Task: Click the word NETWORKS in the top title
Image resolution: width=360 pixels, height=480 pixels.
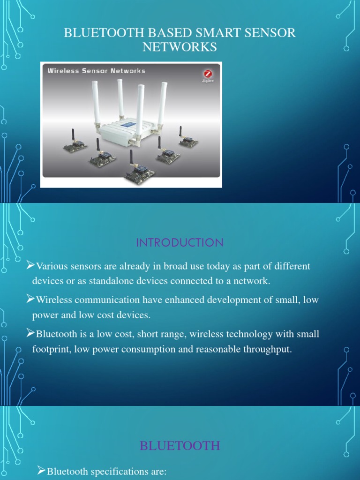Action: click(x=180, y=47)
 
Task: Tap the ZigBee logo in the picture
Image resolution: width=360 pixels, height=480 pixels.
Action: click(x=208, y=75)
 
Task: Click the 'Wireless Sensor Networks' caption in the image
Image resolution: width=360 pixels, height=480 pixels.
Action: click(x=96, y=71)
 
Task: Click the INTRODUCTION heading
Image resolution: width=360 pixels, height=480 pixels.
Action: click(x=180, y=243)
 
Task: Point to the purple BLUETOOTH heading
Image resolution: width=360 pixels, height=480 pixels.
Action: click(x=180, y=445)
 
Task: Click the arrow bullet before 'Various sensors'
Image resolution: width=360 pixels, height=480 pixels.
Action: click(x=30, y=266)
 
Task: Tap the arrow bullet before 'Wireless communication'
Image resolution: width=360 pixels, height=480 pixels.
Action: click(x=30, y=299)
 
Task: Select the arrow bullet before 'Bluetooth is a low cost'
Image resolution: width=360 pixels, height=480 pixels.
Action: click(x=30, y=334)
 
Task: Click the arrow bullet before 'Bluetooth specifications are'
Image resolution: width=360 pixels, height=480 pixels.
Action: click(x=42, y=470)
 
